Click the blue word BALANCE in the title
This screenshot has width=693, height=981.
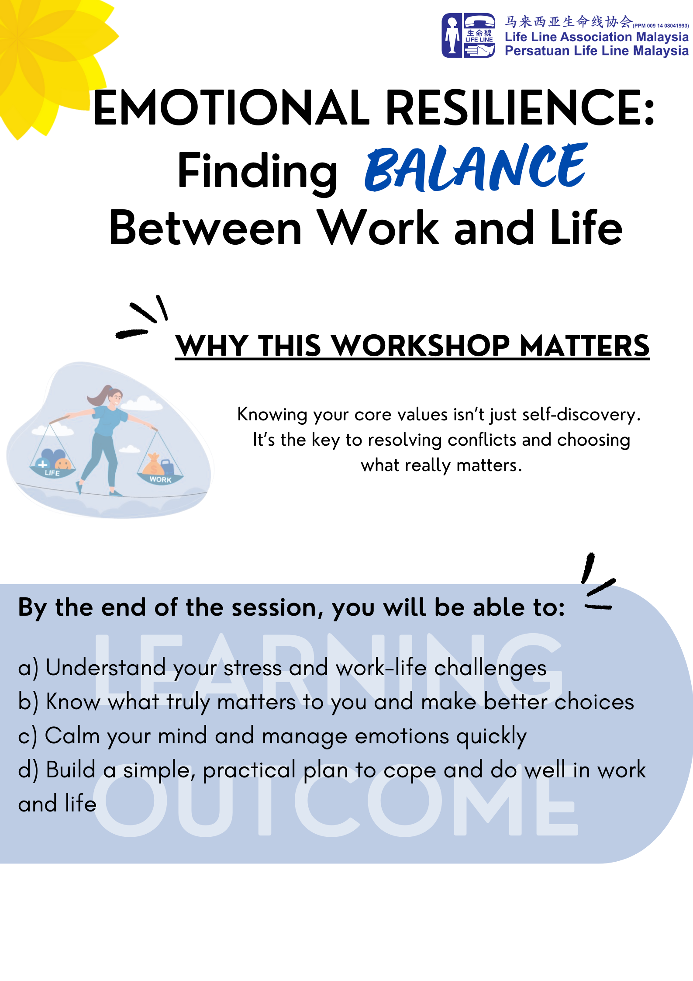click(x=476, y=168)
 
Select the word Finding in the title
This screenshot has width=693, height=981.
click(x=257, y=171)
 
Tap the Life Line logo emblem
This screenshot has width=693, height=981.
click(x=468, y=35)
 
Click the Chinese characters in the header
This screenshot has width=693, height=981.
click(x=568, y=21)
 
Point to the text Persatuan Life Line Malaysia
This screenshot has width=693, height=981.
click(x=596, y=51)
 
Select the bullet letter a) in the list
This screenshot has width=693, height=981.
click(x=28, y=668)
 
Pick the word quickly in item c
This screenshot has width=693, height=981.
click(x=491, y=736)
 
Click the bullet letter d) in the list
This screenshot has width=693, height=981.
click(x=28, y=770)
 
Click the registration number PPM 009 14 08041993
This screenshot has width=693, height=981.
click(x=661, y=26)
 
